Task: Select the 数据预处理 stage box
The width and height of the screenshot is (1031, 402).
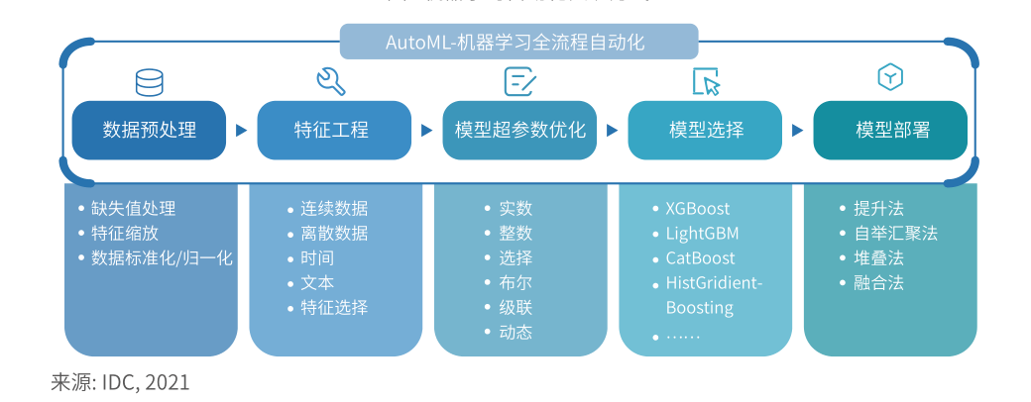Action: coord(149,130)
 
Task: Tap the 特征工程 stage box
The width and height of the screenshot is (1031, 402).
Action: coord(334,130)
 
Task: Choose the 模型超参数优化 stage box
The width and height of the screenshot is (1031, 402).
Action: coord(519,130)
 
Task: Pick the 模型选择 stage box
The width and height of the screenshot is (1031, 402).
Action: coord(705,130)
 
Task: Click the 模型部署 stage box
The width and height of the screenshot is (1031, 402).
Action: coord(890,130)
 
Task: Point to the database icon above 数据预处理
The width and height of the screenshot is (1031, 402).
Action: coord(150,82)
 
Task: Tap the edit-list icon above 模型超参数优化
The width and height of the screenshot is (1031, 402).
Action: coord(519,81)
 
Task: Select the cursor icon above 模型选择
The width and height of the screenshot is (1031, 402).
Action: coord(706,82)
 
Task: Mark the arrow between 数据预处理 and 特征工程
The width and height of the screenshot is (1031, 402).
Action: coord(241,130)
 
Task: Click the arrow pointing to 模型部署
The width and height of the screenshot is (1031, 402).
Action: coord(797,130)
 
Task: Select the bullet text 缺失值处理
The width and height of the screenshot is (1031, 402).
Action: coord(133,209)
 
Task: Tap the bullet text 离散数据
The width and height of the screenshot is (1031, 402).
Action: coord(334,234)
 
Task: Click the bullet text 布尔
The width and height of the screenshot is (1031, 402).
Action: coord(515,283)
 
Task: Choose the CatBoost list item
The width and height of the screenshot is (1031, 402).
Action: coord(700,258)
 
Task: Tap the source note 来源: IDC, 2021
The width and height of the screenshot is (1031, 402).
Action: coord(120,382)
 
